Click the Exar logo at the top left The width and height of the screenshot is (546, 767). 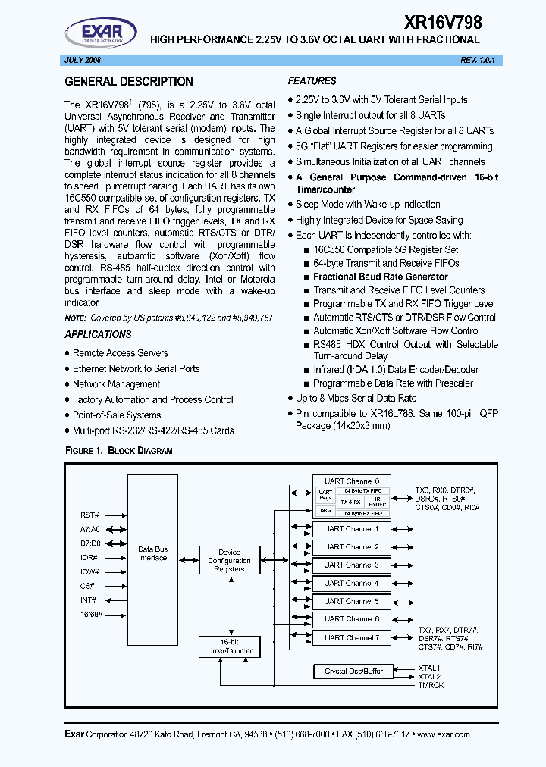[100, 33]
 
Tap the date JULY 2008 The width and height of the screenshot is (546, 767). [81, 60]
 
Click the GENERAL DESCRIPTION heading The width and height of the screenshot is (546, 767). [129, 82]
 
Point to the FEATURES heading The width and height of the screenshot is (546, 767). [312, 81]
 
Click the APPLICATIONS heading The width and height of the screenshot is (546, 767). [98, 334]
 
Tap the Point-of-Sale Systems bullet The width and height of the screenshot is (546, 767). [117, 415]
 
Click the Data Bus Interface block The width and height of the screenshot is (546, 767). [152, 553]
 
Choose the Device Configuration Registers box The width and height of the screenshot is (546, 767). [229, 561]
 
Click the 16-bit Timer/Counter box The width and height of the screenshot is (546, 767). [229, 646]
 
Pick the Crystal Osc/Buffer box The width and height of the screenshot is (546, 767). [354, 671]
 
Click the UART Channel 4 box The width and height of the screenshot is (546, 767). [351, 583]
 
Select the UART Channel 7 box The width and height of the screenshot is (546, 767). [351, 637]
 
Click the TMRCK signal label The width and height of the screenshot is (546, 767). [431, 685]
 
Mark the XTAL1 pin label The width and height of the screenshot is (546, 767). [429, 668]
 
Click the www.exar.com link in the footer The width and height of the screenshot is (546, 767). [443, 734]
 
